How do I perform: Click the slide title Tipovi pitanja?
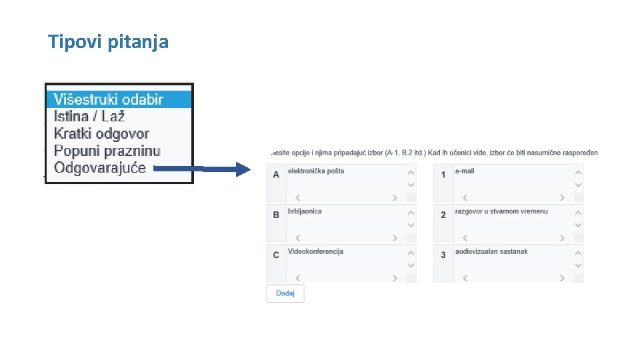pos(108,42)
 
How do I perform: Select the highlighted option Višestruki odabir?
pos(108,99)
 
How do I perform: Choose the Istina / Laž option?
pos(89,117)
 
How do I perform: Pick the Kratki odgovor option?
pos(101,134)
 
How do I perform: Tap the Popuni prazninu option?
pos(107,151)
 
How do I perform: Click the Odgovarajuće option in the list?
pos(99,168)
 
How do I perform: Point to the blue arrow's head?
pos(245,169)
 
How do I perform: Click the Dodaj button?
pos(285,294)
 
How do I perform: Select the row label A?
pos(276,175)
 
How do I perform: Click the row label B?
pos(276,215)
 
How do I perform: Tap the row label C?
pos(276,255)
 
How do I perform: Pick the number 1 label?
pos(443,175)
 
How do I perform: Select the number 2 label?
pos(443,215)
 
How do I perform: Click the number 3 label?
pos(443,255)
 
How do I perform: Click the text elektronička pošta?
pos(316,171)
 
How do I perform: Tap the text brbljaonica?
pos(305,211)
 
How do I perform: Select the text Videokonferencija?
pos(315,251)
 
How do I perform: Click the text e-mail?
pos(465,171)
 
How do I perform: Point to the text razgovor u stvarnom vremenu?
pos(501,211)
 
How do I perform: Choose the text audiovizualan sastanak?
pos(491,251)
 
